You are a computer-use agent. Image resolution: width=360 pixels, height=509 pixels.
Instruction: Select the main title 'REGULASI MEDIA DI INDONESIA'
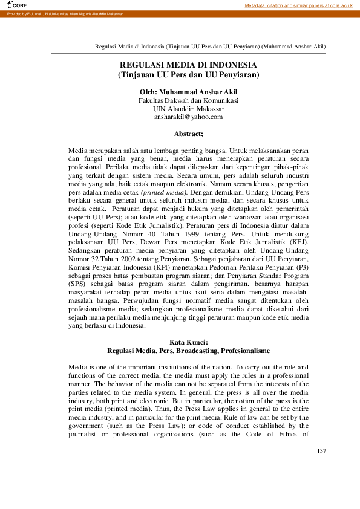(x=188, y=65)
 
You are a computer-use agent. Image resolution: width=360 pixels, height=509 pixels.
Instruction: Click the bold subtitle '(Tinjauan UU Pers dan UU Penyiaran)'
(x=188, y=75)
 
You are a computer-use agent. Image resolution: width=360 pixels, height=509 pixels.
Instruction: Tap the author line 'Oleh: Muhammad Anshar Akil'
(x=188, y=91)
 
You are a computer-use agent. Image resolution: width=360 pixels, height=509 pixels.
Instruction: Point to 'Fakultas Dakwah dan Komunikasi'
(x=188, y=100)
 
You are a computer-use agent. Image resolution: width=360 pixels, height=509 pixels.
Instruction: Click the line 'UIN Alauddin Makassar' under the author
(x=188, y=108)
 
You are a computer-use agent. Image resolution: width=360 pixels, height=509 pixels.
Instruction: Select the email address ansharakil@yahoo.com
(x=188, y=117)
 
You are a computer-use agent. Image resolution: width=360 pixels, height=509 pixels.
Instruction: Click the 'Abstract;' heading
(x=188, y=133)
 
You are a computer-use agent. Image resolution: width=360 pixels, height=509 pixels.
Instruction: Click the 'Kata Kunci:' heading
(x=188, y=342)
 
